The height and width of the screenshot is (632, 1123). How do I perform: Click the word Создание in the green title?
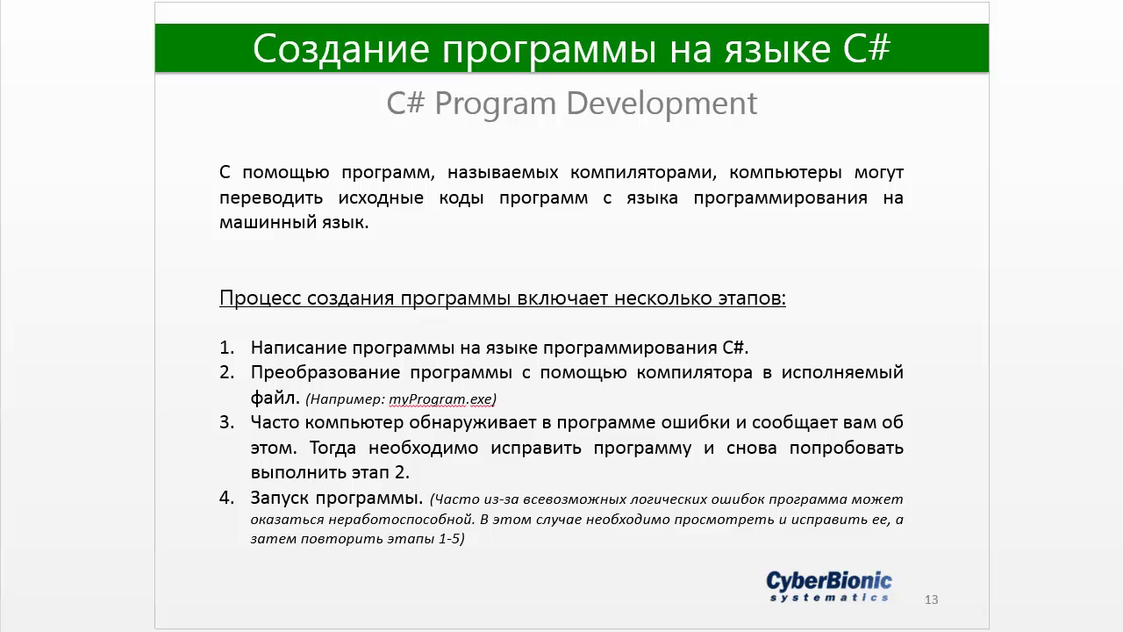341,48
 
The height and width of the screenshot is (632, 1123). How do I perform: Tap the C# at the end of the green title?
866,48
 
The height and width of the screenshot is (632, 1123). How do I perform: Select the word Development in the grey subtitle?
662,104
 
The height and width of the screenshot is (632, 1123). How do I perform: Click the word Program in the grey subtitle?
496,104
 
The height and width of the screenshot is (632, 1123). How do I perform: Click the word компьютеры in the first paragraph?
785,173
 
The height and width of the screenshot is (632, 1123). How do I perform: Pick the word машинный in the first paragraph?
265,222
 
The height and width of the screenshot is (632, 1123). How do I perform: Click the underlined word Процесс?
261,298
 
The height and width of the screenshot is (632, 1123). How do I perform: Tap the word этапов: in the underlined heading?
752,298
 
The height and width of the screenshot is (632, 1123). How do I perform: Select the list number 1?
226,347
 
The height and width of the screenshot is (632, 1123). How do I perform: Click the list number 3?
226,422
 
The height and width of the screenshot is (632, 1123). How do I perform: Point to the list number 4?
226,498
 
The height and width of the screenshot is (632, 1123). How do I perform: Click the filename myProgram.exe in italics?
440,399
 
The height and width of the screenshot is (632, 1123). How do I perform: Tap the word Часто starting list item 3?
275,422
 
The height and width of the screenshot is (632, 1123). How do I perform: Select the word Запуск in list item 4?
278,498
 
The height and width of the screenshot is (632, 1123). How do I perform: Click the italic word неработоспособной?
401,519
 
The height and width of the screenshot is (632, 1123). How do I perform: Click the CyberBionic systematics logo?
829,585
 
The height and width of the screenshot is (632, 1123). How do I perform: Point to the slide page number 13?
931,600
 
